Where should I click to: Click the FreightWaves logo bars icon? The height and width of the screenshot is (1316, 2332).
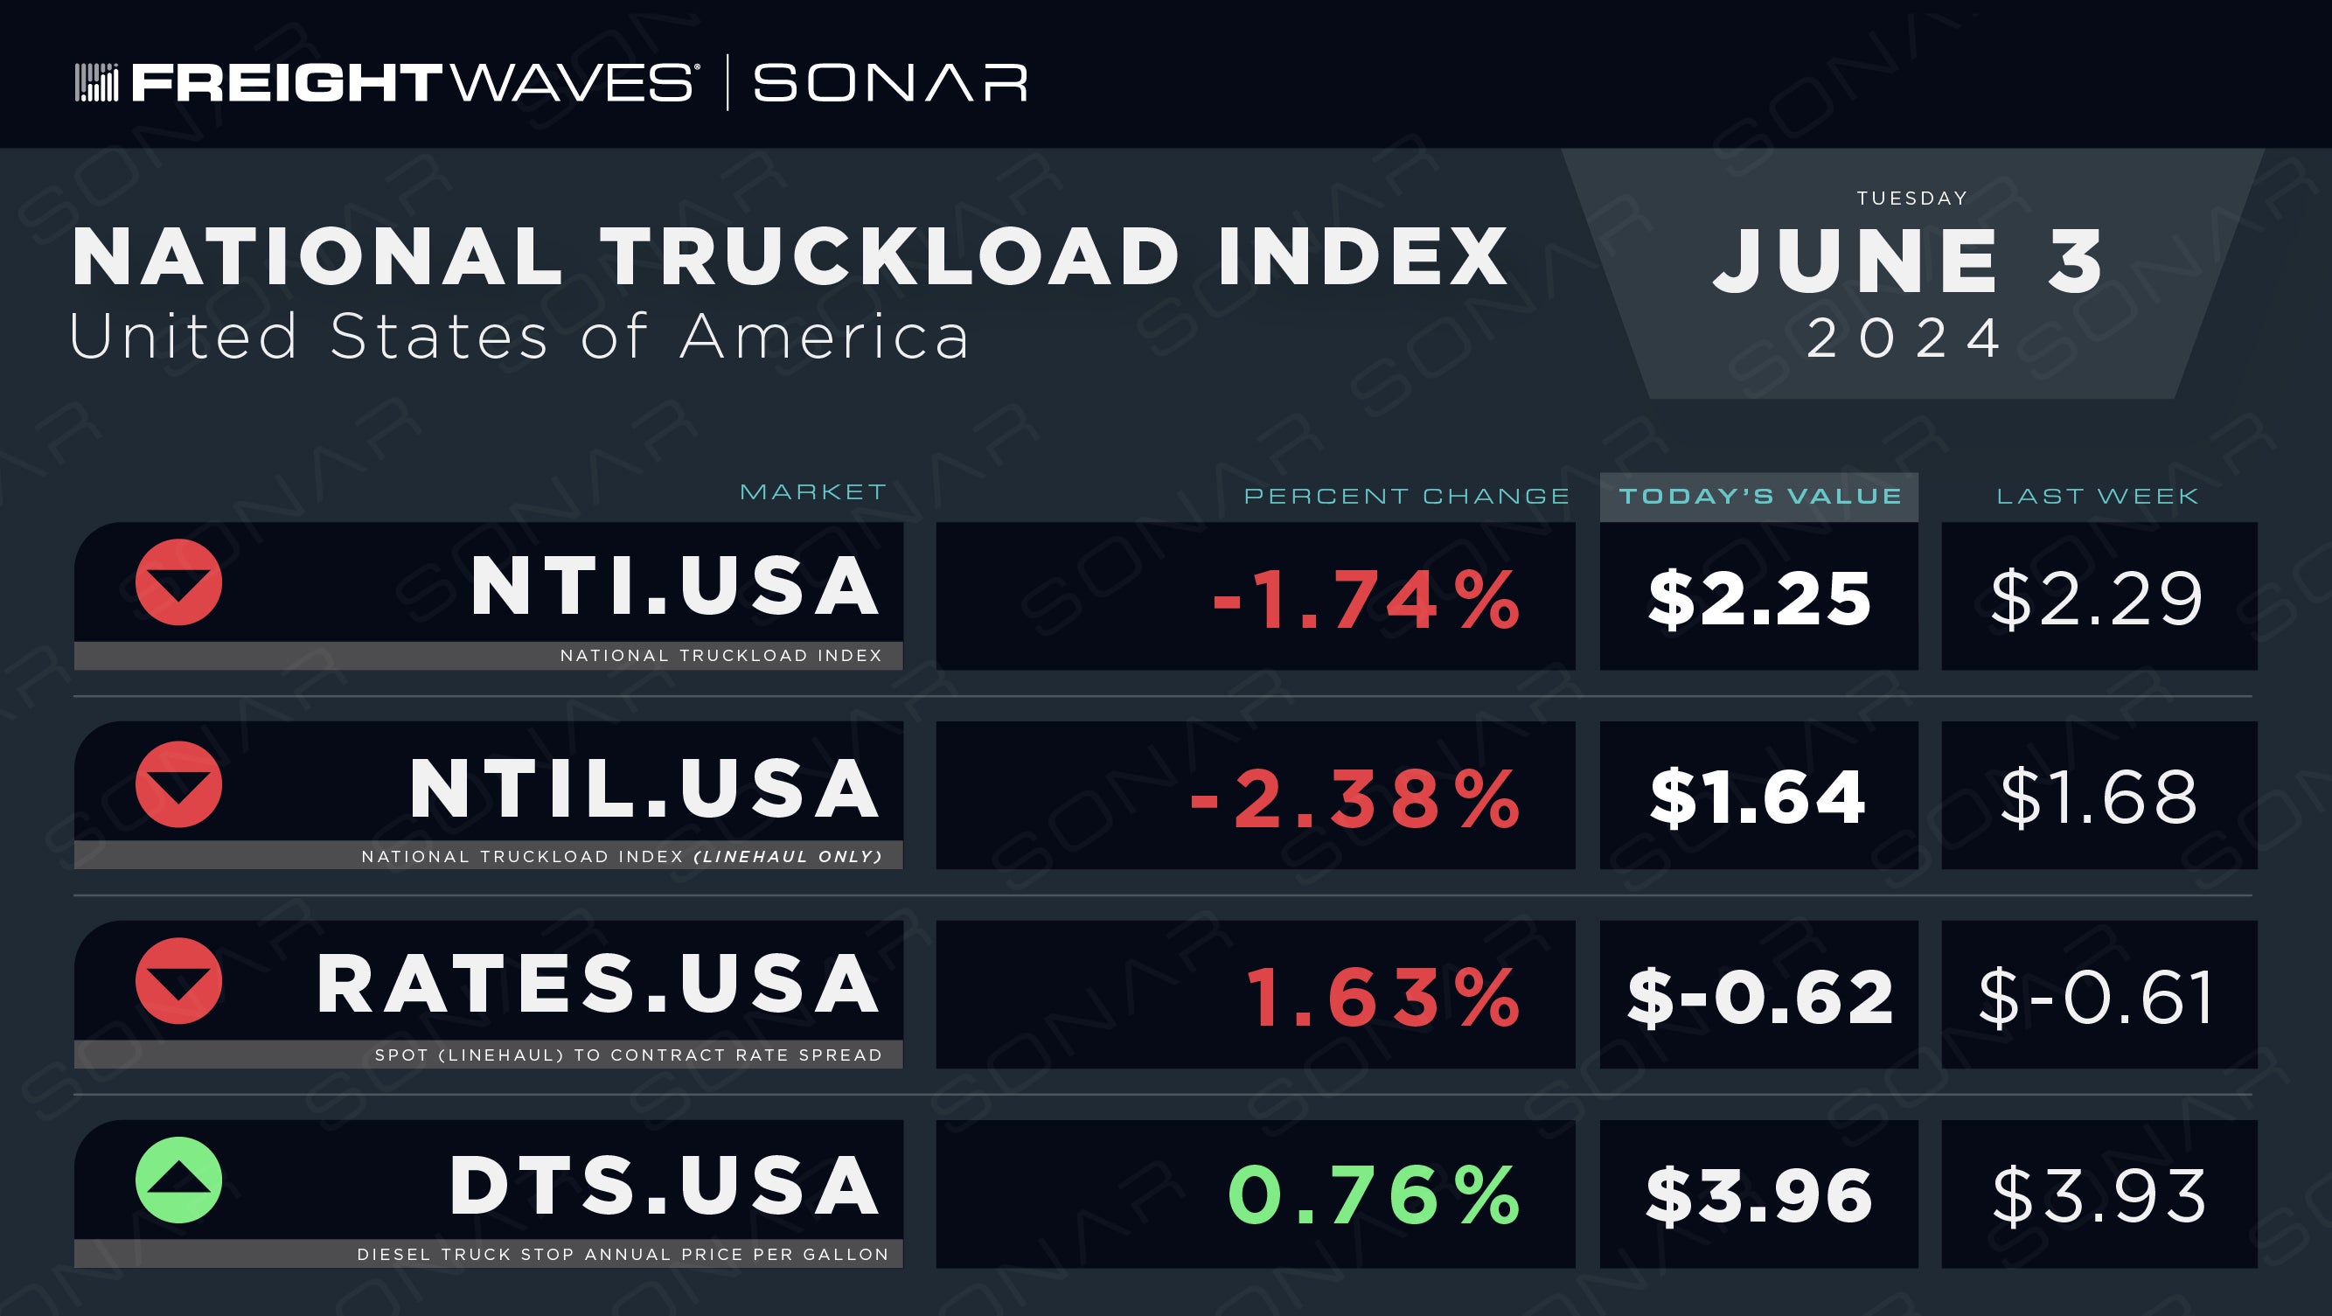(96, 82)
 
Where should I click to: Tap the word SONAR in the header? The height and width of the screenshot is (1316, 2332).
(891, 82)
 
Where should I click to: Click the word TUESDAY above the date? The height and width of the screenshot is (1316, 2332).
(1912, 198)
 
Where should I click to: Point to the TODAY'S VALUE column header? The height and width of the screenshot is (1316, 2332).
(1760, 496)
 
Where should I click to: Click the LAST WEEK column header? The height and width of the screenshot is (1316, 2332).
(2098, 496)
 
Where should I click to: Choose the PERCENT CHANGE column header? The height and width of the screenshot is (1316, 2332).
(1407, 496)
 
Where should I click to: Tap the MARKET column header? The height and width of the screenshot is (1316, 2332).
(813, 491)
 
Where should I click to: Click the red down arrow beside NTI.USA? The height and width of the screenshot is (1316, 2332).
(178, 582)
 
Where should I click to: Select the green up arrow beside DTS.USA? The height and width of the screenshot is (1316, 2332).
(178, 1180)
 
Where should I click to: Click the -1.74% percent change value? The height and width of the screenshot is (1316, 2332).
(1366, 599)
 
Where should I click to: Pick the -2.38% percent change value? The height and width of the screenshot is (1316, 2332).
(1355, 798)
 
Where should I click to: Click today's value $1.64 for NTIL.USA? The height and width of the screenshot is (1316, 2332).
(1758, 797)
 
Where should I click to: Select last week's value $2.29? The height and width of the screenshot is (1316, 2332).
(2097, 598)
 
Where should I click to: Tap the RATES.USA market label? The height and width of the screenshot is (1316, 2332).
(597, 984)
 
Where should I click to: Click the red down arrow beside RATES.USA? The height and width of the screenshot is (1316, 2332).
(178, 980)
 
